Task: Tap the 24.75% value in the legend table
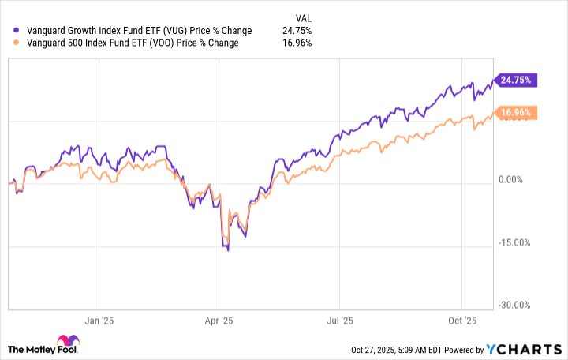pyautogui.click(x=297, y=31)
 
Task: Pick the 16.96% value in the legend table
pyautogui.click(x=297, y=43)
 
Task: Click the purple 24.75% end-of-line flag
pyautogui.click(x=516, y=80)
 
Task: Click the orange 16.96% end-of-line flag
pyautogui.click(x=516, y=113)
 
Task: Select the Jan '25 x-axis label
pyautogui.click(x=99, y=321)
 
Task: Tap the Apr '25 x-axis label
pyautogui.click(x=219, y=321)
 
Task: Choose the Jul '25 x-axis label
pyautogui.click(x=338, y=321)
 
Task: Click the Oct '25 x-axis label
pyautogui.click(x=460, y=321)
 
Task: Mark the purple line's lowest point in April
pyautogui.click(x=228, y=250)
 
